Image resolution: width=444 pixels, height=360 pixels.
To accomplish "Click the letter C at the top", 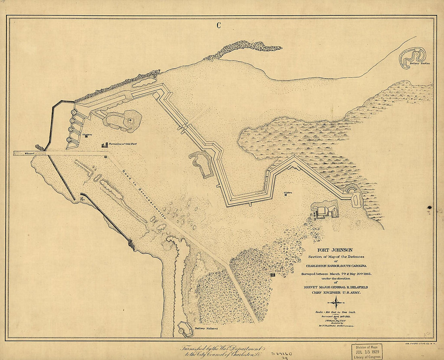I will pyautogui.click(x=218, y=26).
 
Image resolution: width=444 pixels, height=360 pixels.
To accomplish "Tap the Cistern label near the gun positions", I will pyautogui.click(x=87, y=134).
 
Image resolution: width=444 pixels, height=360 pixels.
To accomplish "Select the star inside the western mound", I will pyautogui.click(x=130, y=120).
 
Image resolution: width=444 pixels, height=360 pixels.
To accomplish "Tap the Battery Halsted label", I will pyautogui.click(x=206, y=329).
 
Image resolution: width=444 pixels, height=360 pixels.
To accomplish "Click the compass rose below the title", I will pyautogui.click(x=336, y=302).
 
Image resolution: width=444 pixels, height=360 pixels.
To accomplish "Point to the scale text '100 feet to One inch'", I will pyautogui.click(x=336, y=312).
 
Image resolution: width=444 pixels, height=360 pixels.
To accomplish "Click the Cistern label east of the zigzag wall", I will pyautogui.click(x=287, y=193).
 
